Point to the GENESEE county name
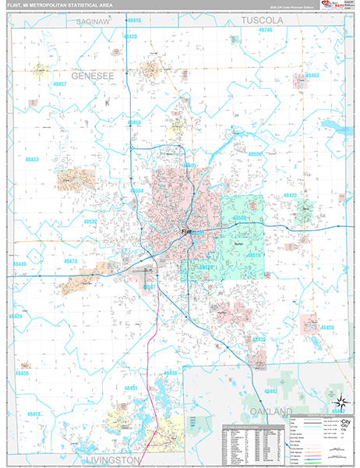coord(93,78)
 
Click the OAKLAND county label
coord(270,410)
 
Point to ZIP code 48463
coord(312,76)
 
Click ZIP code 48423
coord(290,195)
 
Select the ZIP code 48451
coord(132,388)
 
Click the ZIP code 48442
coord(270,390)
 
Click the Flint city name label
coord(187,232)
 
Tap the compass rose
coord(340,403)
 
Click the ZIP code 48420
coord(130,37)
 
